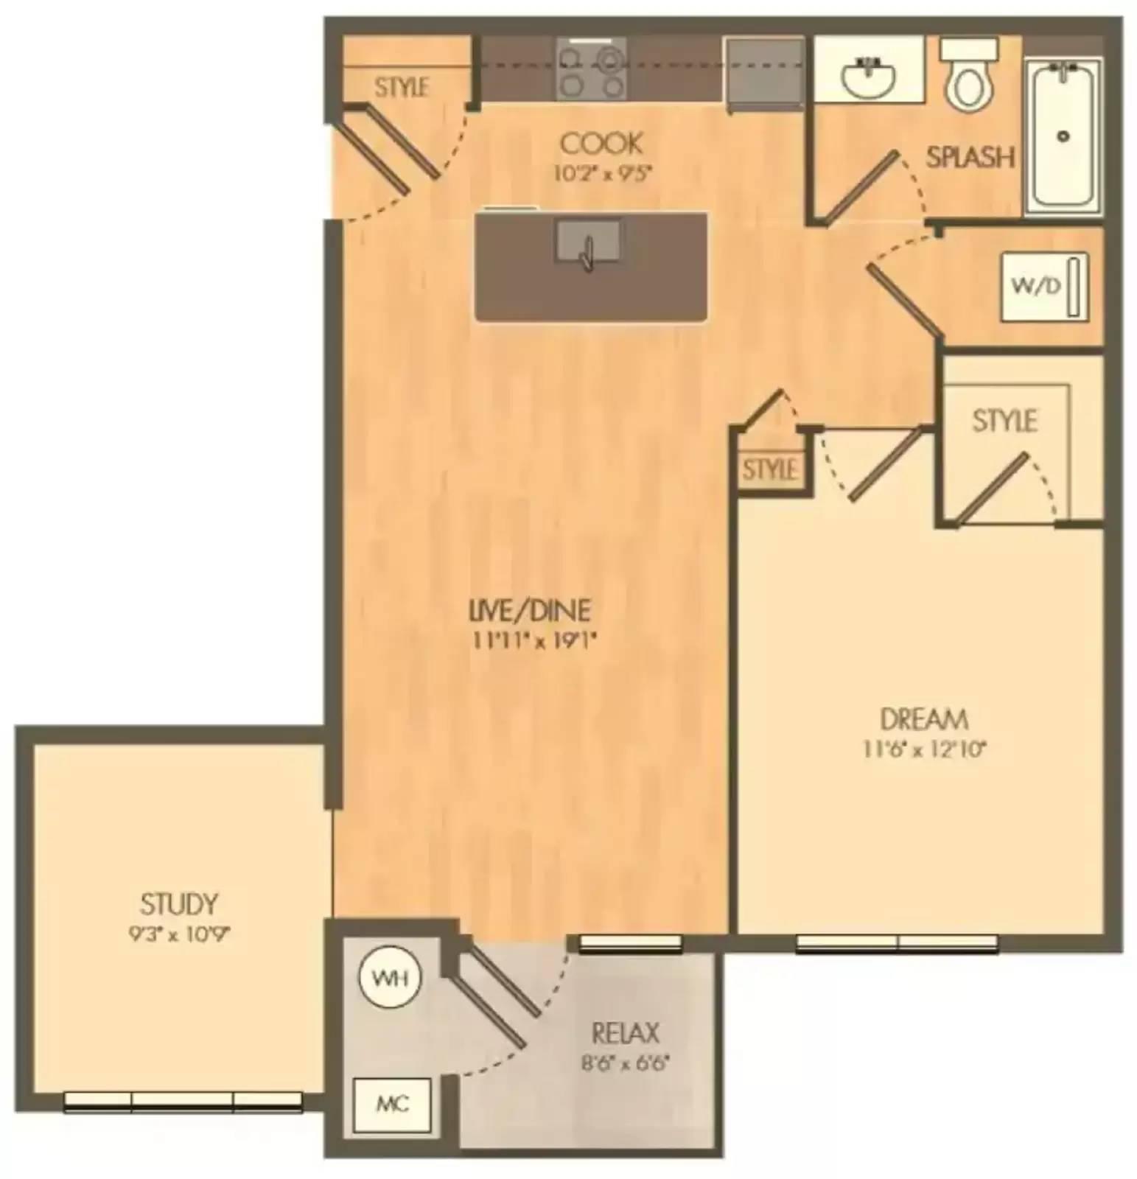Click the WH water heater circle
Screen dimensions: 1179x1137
pyautogui.click(x=390, y=979)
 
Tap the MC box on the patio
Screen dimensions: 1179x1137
pyautogui.click(x=392, y=1105)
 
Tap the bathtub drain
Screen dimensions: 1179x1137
pyautogui.click(x=1062, y=136)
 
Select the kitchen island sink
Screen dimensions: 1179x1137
pyautogui.click(x=587, y=242)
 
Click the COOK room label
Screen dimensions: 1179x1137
pyautogui.click(x=601, y=144)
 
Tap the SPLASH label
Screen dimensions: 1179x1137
pyautogui.click(x=970, y=157)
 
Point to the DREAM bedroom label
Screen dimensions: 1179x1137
pyautogui.click(x=923, y=718)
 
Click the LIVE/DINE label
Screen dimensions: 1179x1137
pyautogui.click(x=531, y=610)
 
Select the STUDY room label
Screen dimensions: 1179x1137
pyautogui.click(x=178, y=903)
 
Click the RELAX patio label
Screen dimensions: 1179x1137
pyautogui.click(x=625, y=1034)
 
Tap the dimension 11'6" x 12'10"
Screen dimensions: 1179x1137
pyautogui.click(x=924, y=750)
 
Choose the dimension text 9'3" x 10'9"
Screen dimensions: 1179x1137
pyautogui.click(x=178, y=935)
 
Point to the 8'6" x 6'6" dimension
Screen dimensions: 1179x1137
pyautogui.click(x=625, y=1064)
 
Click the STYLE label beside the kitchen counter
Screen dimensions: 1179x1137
pyautogui.click(x=402, y=88)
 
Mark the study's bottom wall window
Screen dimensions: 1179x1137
pyautogui.click(x=183, y=1101)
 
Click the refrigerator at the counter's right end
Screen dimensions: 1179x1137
pyautogui.click(x=765, y=74)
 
